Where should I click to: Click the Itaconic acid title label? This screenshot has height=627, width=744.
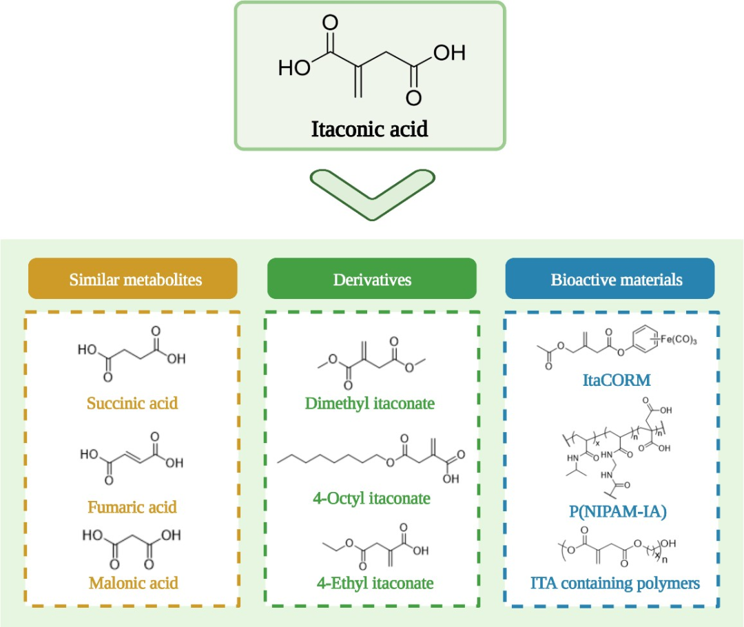370,129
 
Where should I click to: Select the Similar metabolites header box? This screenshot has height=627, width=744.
132,279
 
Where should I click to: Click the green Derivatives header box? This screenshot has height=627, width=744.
371,279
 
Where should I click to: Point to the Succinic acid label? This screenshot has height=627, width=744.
132,402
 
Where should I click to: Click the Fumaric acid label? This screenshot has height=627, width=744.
132,507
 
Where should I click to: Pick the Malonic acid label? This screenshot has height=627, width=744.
133,583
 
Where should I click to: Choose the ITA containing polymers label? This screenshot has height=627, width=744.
615,583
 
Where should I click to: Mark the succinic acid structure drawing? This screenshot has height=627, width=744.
132,359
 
